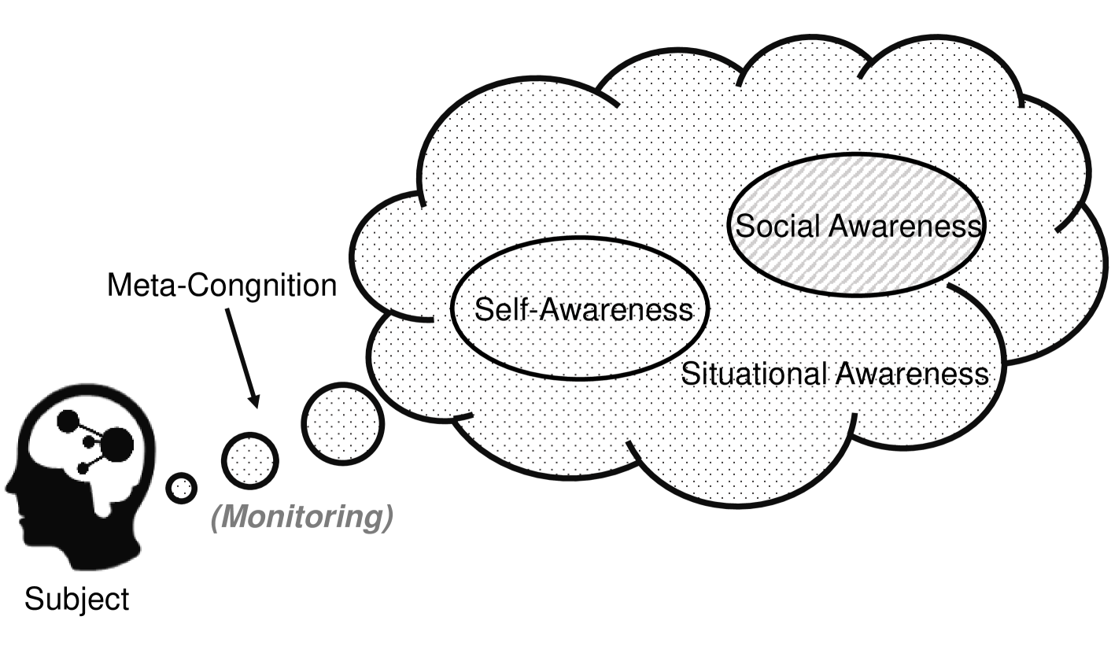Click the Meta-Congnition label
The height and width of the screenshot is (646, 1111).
[x=221, y=286]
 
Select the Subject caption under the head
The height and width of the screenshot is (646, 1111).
[x=76, y=600]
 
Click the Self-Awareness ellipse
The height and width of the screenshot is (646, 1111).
[x=581, y=309]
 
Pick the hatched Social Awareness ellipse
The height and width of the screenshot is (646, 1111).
[x=858, y=226]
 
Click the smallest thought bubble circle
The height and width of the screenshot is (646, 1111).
[x=182, y=489]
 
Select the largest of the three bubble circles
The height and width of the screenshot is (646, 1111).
[x=342, y=423]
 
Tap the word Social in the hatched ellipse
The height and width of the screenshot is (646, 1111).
[x=779, y=227]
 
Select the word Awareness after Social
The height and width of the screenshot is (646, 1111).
[x=906, y=227]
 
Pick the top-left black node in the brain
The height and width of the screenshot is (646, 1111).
[x=68, y=422]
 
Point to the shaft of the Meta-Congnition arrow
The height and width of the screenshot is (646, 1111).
[x=239, y=350]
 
